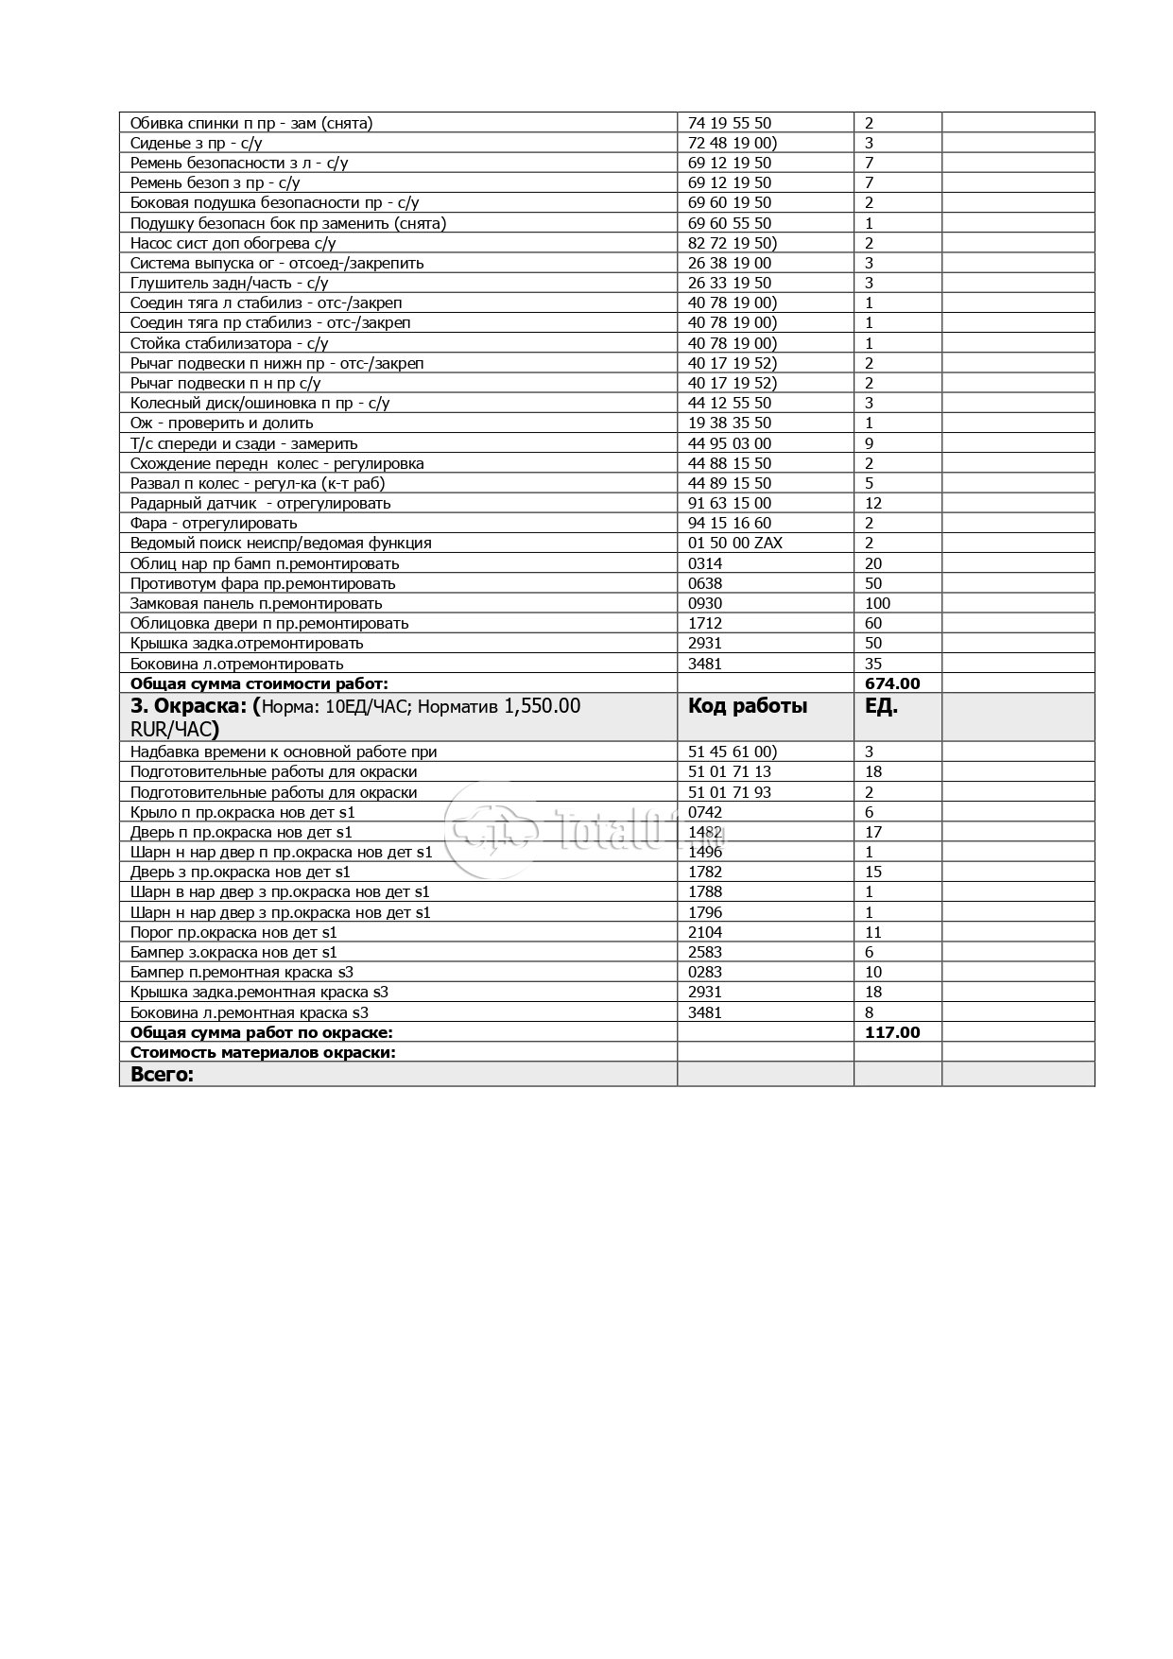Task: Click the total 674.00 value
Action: [x=891, y=683]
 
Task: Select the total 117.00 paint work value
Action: [x=891, y=1032]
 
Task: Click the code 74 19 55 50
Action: [x=730, y=123]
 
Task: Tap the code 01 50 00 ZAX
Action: [x=735, y=543]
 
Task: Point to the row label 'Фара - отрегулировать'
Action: [x=214, y=523]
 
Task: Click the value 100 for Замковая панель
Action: [x=877, y=603]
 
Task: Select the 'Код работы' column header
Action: [x=748, y=706]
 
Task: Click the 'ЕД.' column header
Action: [x=881, y=706]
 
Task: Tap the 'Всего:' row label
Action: [x=162, y=1074]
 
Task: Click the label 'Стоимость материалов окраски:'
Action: [x=263, y=1052]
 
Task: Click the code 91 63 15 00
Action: [x=730, y=503]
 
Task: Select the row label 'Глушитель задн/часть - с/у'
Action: [x=230, y=283]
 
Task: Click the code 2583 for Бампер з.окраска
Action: [x=705, y=952]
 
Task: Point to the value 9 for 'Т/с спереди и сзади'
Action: [x=869, y=443]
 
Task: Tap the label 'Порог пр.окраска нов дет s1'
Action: [x=233, y=932]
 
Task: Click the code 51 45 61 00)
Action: [x=733, y=752]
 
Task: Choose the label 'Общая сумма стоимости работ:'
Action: [x=259, y=683]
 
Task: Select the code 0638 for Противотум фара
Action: [x=705, y=583]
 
